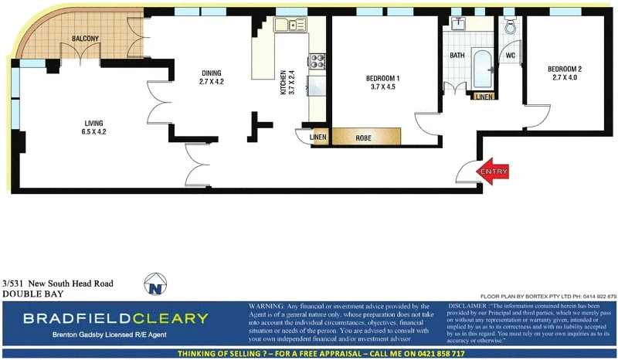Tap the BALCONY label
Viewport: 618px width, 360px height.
[84, 39]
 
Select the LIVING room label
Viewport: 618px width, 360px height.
[94, 123]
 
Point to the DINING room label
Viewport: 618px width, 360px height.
[211, 73]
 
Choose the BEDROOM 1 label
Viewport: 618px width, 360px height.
[382, 78]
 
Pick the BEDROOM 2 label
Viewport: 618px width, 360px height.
[565, 70]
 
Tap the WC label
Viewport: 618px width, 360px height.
[511, 56]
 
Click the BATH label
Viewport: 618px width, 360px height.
[457, 56]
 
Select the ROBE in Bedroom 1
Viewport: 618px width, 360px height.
[365, 138]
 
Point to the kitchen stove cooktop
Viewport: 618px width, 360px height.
[316, 60]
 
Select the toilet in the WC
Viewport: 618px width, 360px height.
[511, 27]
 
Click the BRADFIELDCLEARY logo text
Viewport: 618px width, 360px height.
[115, 318]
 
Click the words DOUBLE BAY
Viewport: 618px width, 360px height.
[33, 294]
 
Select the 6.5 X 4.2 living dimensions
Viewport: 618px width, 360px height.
[94, 131]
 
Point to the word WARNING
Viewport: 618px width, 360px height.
[267, 307]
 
